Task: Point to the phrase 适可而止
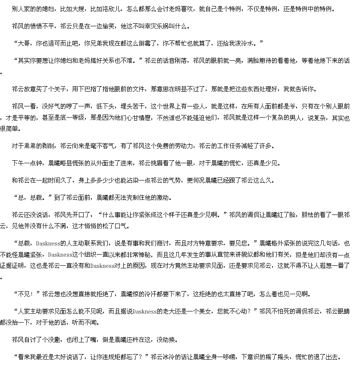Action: pos(60,44)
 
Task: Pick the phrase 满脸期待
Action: pos(259,61)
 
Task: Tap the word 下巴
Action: pos(84,89)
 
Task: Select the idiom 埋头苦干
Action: pos(132,106)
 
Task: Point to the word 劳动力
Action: pos(184,146)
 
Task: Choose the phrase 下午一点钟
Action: pos(27,163)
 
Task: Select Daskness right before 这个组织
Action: pos(60,255)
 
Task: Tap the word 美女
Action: pos(205,311)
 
